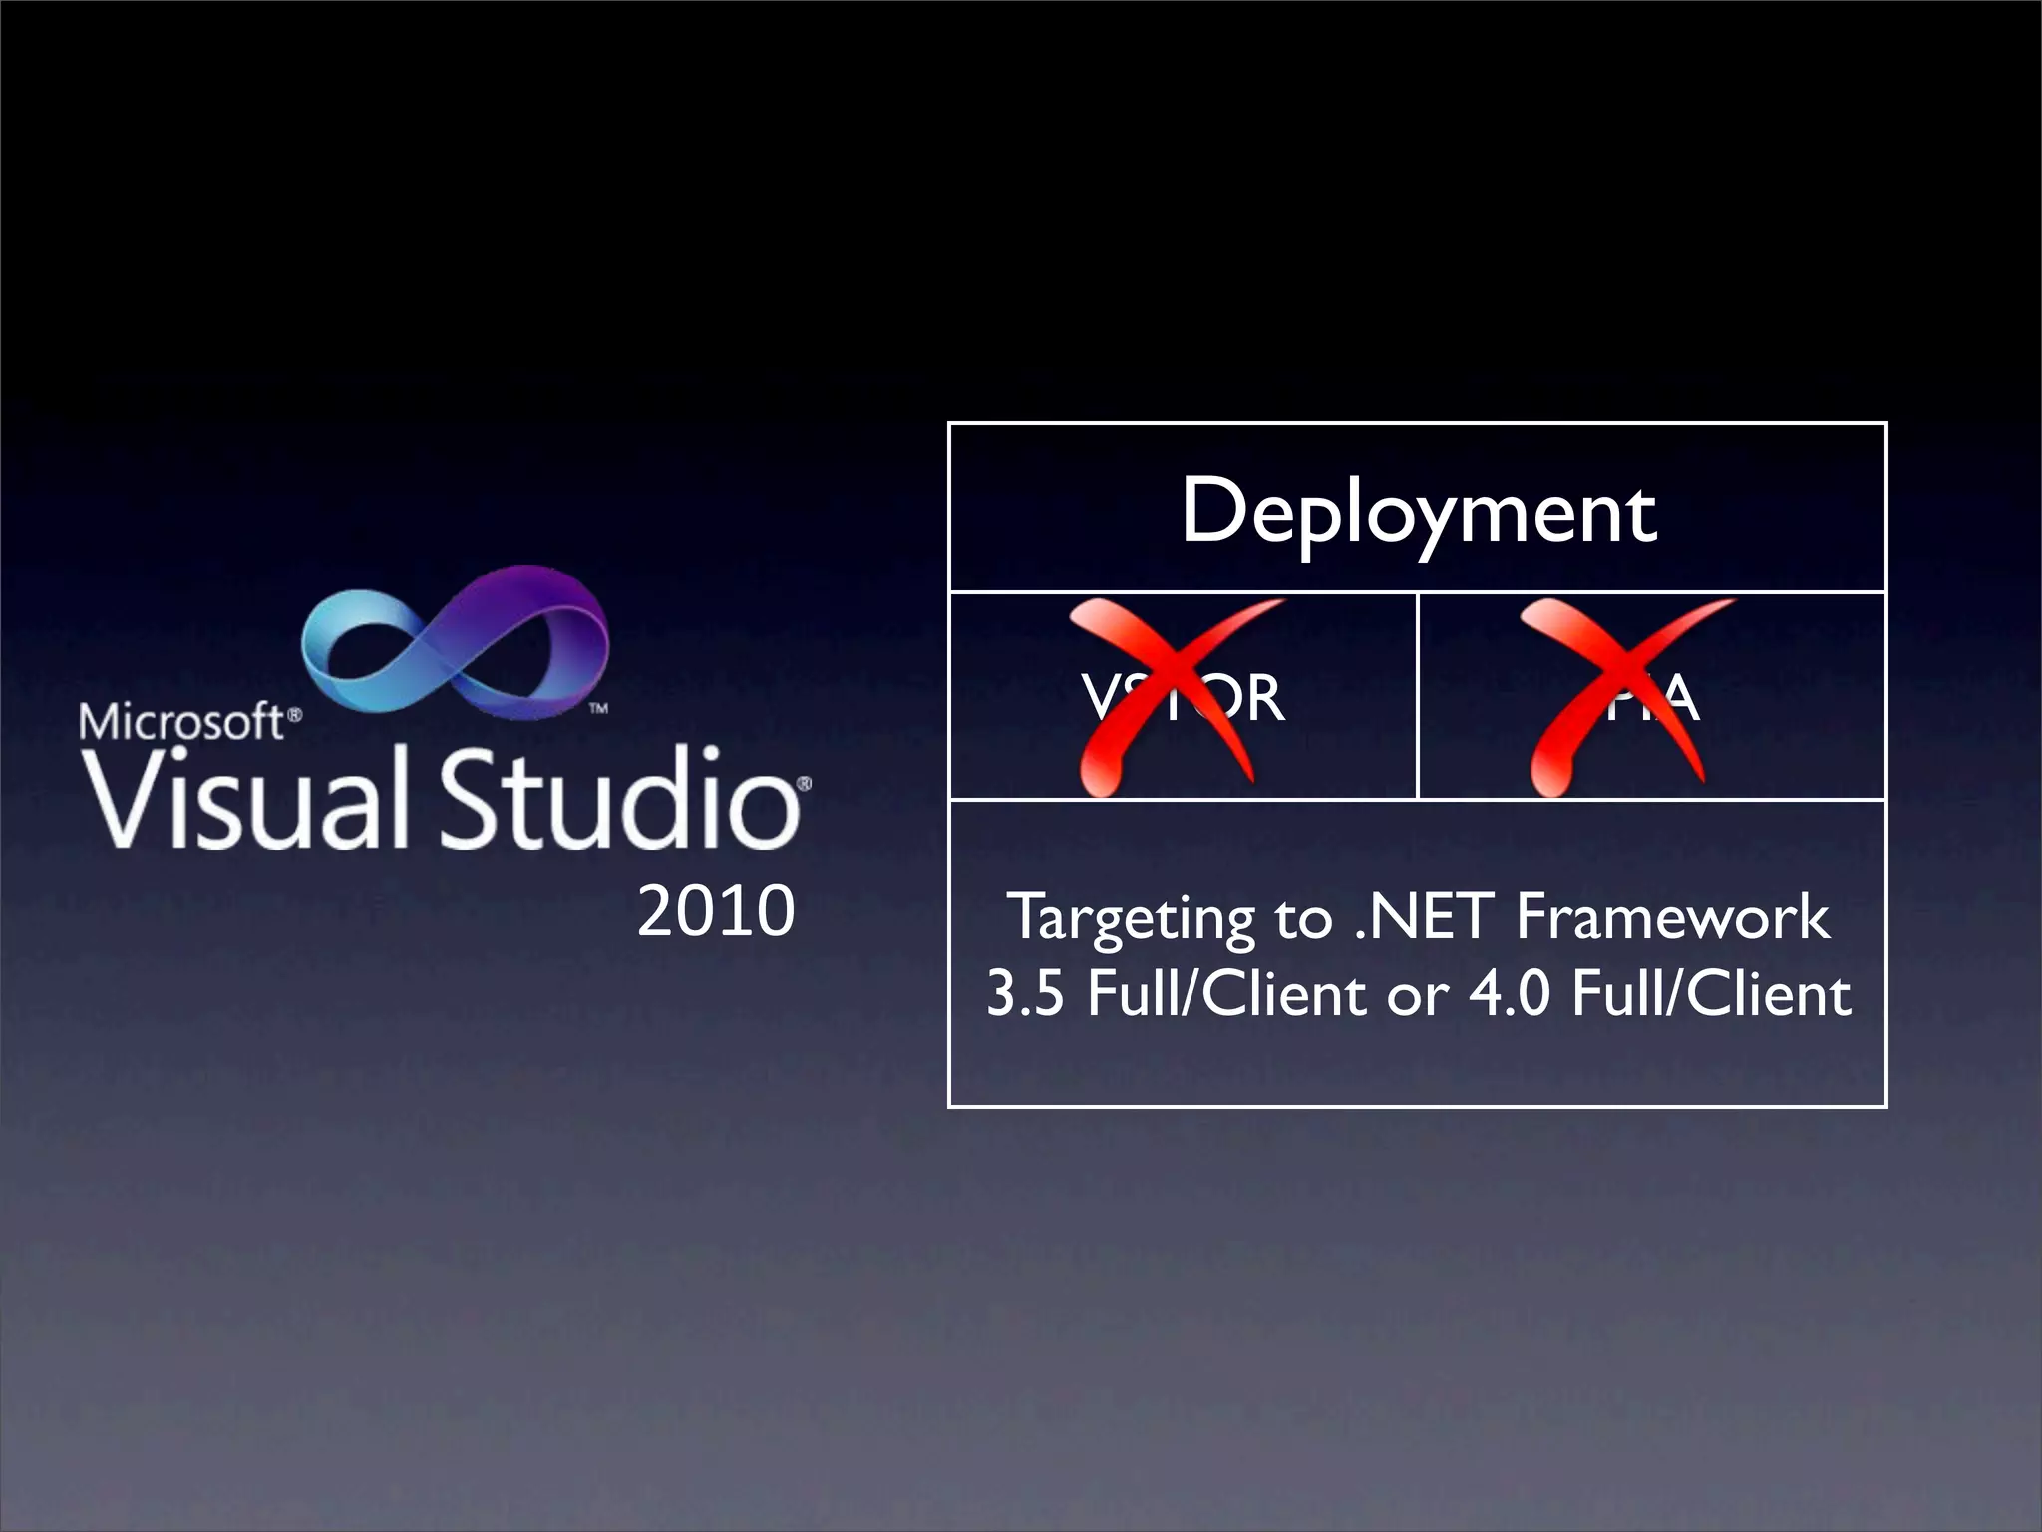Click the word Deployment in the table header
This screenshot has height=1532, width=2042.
1418,513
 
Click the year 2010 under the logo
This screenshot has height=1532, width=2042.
715,911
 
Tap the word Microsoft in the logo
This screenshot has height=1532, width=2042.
181,721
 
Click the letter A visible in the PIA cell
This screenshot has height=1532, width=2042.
1677,698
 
